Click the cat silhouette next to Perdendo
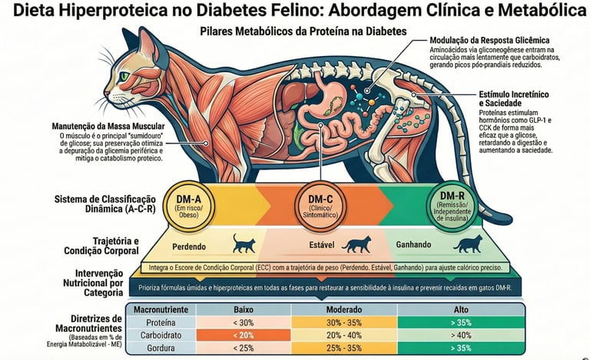point(244,245)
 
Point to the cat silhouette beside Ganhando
point(467,245)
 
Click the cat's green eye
point(124,77)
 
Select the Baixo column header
point(244,309)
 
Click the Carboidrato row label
point(162,335)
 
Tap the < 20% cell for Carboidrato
point(244,335)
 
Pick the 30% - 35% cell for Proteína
point(344,322)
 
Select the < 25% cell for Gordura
point(244,348)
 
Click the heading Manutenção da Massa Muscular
point(106,126)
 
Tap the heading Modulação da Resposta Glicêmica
point(489,40)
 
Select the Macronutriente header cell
point(162,309)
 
